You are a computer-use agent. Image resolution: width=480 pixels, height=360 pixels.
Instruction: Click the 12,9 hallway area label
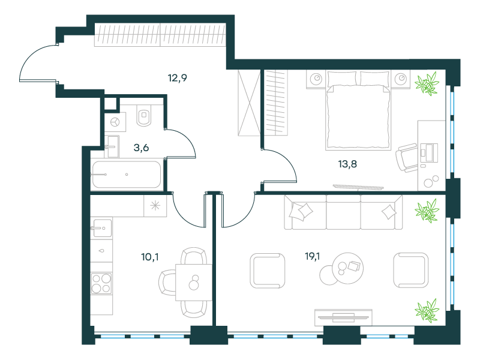[x=177, y=78]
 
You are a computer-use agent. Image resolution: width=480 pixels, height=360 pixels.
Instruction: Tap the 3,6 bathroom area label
[x=141, y=148]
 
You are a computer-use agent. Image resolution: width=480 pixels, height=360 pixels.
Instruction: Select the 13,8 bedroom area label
[x=347, y=164]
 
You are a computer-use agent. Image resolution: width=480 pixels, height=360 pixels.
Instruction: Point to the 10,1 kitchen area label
[x=149, y=257]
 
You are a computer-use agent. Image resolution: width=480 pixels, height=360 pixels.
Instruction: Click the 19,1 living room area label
[x=312, y=256]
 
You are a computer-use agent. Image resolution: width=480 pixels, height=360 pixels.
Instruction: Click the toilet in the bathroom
[x=144, y=115]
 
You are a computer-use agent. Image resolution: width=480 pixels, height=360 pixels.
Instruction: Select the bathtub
[x=127, y=175]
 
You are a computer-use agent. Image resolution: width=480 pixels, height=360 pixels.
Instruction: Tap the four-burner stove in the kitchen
[x=101, y=283]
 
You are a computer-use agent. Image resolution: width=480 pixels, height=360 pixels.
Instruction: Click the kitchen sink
[x=102, y=228]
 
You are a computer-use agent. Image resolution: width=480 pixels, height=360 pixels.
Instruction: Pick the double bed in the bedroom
[x=358, y=110]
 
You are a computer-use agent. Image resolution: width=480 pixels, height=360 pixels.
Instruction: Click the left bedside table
[x=316, y=79]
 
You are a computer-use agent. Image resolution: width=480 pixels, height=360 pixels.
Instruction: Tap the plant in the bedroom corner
[x=427, y=83]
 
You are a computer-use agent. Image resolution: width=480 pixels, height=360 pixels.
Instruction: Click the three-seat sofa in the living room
[x=343, y=212]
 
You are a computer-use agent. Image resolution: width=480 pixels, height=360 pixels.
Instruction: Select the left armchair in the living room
[x=267, y=271]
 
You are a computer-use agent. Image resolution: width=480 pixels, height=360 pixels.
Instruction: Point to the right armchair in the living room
[x=410, y=270]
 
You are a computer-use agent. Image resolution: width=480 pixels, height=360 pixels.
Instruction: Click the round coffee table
[x=348, y=268]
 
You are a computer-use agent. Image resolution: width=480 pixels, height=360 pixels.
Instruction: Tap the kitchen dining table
[x=194, y=282]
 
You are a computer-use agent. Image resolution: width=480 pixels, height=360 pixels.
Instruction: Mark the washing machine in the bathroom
[x=115, y=122]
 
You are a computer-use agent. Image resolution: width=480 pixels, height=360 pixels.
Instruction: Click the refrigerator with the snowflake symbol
[x=155, y=206]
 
